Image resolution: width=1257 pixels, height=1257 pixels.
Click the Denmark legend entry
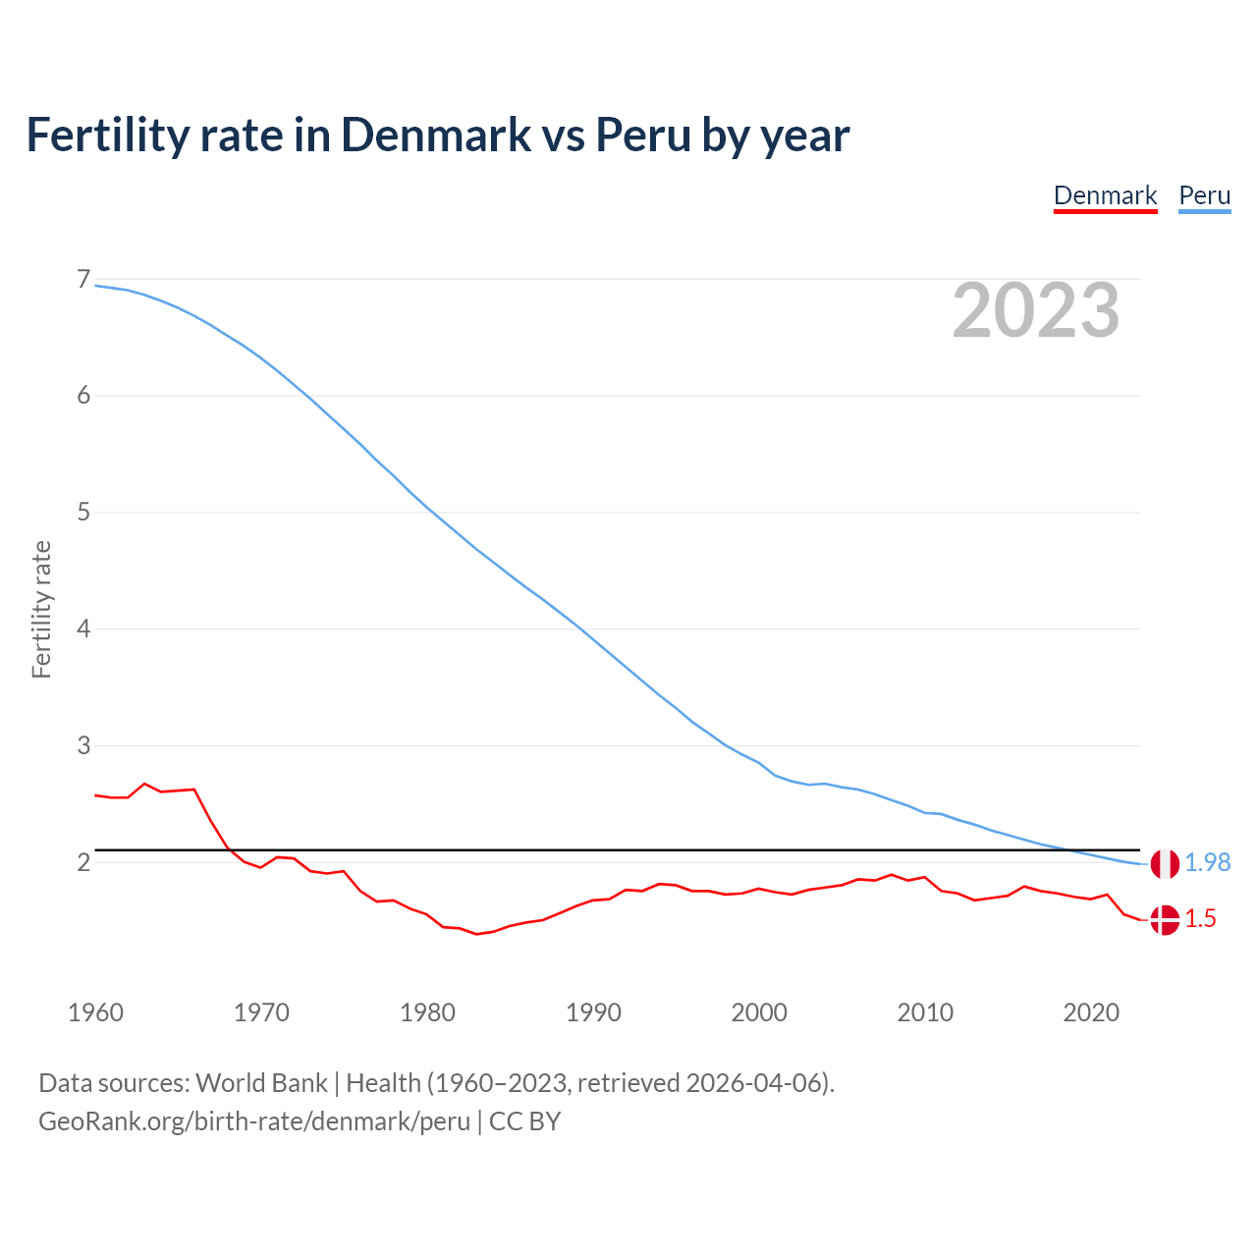coord(1105,195)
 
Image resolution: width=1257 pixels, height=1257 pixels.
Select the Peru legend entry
coord(1204,195)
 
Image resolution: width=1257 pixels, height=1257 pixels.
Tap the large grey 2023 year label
coord(1035,310)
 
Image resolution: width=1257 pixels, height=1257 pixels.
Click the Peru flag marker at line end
coord(1165,864)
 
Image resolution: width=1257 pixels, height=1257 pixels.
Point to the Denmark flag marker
coord(1165,920)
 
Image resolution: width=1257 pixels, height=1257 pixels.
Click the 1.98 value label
coord(1207,862)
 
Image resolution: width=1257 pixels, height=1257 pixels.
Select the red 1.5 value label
coord(1200,919)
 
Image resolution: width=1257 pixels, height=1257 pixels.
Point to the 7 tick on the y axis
coord(83,280)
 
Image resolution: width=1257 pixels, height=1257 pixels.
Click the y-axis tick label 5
coord(83,513)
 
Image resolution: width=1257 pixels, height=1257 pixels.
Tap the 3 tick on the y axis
coord(83,745)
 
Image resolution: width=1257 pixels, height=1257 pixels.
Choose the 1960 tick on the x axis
coord(95,1012)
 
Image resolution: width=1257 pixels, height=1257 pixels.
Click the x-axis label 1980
coord(427,1012)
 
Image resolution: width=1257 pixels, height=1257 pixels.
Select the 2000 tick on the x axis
coord(759,1012)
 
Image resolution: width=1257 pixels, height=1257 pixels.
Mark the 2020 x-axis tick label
coord(1091,1012)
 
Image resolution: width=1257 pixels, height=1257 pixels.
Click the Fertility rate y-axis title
coord(41,609)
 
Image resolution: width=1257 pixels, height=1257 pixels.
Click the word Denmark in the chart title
coord(435,136)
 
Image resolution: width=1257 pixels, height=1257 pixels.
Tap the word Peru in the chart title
coord(643,136)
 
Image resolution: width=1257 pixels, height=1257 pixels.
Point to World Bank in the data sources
coord(261,1083)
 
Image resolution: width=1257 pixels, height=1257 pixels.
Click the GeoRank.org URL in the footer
coord(254,1121)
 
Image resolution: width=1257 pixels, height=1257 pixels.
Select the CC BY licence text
coord(524,1121)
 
